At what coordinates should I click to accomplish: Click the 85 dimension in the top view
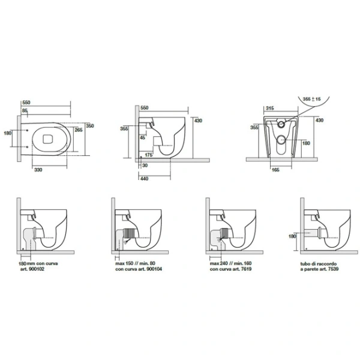point(25,110)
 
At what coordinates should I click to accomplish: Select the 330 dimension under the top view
point(38,170)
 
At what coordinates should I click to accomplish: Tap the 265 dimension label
point(79,130)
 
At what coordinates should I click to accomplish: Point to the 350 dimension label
point(90,126)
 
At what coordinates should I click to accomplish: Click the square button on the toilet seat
point(48,139)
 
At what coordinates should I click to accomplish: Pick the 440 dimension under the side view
point(144,179)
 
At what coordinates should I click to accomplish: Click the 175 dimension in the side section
point(149,155)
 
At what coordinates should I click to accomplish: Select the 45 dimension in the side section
point(142,137)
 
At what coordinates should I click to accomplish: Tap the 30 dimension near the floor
point(145,166)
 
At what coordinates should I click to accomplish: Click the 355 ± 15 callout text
point(312,99)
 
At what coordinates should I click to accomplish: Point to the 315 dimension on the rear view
point(270,108)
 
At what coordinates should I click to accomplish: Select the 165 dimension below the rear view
point(275,170)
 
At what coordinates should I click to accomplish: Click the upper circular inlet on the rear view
point(281,124)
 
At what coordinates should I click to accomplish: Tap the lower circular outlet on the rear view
point(281,139)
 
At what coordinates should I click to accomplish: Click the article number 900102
point(37,269)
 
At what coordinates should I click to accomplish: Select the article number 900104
point(154,269)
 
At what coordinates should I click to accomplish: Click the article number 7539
point(333,269)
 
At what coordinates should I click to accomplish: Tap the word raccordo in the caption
point(327,264)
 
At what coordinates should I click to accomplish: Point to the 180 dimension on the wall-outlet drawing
point(292,236)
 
